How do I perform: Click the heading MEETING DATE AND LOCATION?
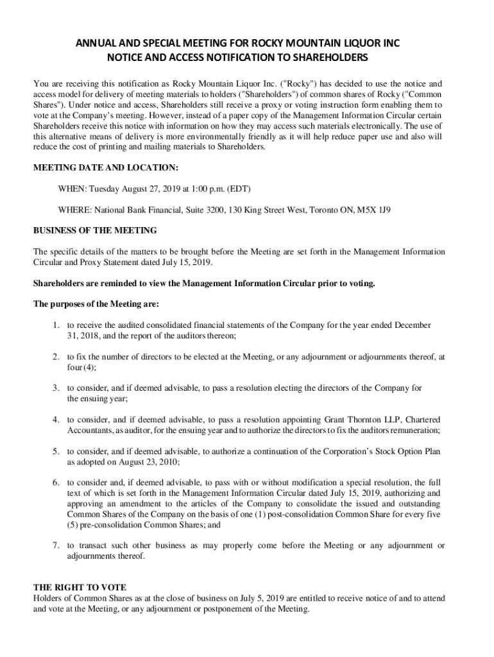click(x=106, y=167)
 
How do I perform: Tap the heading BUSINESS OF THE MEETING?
click(x=95, y=230)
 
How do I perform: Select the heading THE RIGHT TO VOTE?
click(x=80, y=587)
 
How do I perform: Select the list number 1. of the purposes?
click(x=57, y=325)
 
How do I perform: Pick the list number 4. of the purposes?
click(x=57, y=420)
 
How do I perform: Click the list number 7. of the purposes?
click(x=57, y=545)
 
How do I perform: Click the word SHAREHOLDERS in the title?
click(x=323, y=58)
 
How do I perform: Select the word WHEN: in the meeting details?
click(x=72, y=189)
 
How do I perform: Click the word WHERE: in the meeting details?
click(x=74, y=210)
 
